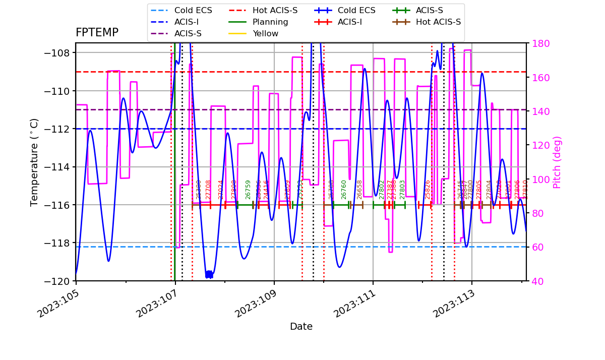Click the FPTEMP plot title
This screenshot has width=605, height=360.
97,33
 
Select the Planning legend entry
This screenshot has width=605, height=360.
270,22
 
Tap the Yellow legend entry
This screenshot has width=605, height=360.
265,34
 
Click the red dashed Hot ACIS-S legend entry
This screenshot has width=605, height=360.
275,11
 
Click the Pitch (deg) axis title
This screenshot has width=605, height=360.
557,162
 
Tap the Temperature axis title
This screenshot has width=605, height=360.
34,162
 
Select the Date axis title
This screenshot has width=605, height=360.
301,327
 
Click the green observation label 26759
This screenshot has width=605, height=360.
248,189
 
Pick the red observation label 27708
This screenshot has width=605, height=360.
208,189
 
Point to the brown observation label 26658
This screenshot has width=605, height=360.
359,189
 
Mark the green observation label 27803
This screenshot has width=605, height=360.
402,189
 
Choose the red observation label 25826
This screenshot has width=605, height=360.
428,189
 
